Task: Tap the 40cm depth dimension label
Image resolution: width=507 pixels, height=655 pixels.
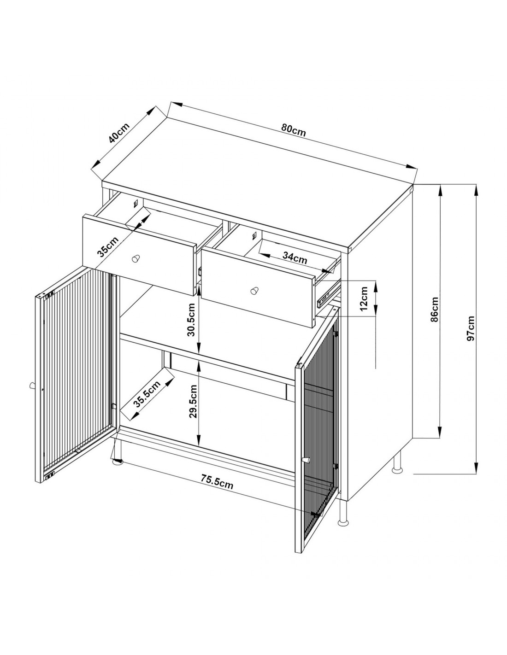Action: point(119,133)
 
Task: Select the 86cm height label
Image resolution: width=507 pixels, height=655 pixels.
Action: point(434,309)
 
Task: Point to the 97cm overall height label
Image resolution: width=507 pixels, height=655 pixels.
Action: point(471,328)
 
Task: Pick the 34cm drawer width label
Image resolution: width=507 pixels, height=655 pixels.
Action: point(295,258)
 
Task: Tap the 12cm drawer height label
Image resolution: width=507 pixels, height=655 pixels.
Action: point(364,299)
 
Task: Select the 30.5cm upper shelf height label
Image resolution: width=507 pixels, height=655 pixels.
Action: point(191,319)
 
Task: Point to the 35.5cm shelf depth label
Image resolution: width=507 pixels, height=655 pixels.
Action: point(147,395)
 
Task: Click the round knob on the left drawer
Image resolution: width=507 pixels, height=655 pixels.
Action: point(136,258)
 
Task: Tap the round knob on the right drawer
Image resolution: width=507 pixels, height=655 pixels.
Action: point(254,291)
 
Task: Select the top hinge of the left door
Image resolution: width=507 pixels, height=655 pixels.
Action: point(48,294)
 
